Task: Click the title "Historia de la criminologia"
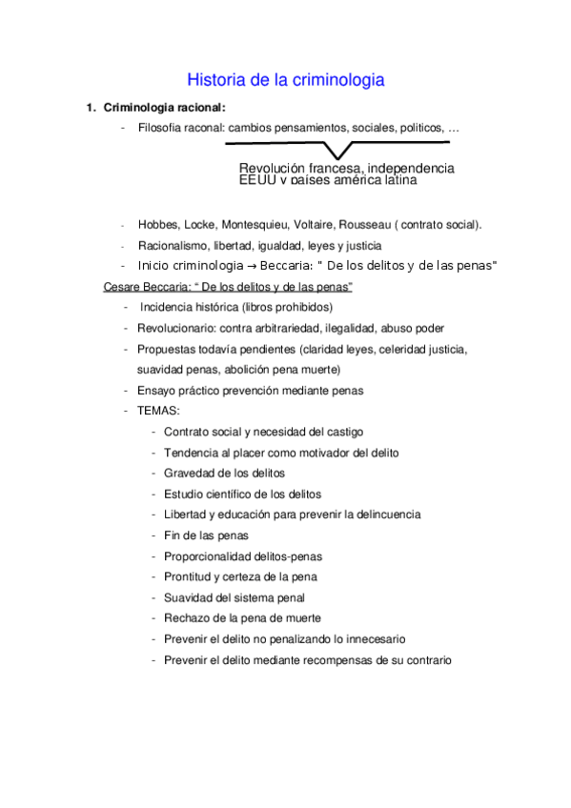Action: point(285,80)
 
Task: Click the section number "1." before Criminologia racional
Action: point(92,107)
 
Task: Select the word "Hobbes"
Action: point(157,225)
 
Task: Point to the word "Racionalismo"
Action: point(172,245)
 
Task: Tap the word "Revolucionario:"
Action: point(179,328)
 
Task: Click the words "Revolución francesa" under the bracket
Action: point(300,168)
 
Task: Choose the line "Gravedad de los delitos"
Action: point(224,473)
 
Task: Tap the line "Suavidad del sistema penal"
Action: point(235,597)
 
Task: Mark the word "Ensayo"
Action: point(157,390)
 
